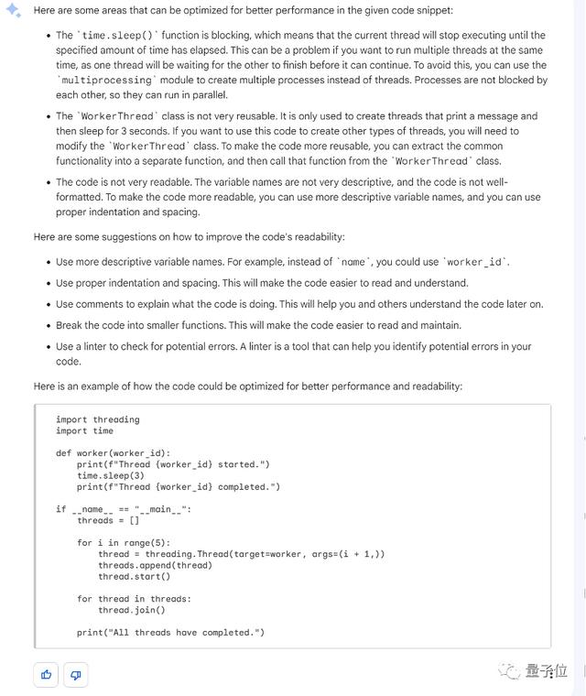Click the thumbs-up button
point(46,675)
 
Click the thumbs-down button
point(75,675)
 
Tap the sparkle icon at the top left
point(14,10)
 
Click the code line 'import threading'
point(98,419)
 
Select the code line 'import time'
point(84,430)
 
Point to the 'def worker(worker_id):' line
point(114,453)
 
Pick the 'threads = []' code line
point(108,520)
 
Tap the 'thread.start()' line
point(135,576)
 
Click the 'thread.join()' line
point(132,610)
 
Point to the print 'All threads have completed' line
point(170,633)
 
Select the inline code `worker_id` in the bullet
point(474,262)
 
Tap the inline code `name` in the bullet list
point(353,262)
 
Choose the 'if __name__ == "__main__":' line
point(124,509)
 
